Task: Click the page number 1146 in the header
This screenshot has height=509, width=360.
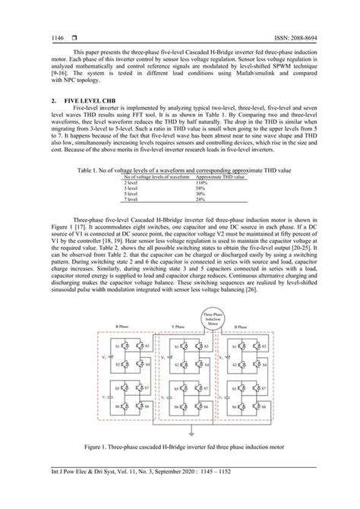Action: [x=57, y=37]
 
